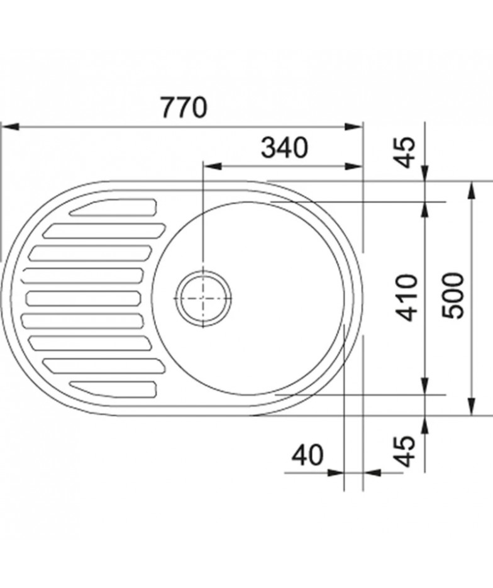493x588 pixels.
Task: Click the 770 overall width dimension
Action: pyautogui.click(x=184, y=108)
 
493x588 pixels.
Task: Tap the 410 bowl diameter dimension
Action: pyautogui.click(x=407, y=297)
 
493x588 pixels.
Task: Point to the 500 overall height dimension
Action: pyautogui.click(x=453, y=296)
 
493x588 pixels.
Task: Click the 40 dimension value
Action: pyautogui.click(x=307, y=455)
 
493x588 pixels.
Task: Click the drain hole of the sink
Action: pyautogui.click(x=203, y=298)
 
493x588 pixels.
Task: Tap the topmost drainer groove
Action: pyautogui.click(x=113, y=208)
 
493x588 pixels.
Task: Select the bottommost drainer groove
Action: pyautogui.click(x=113, y=389)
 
